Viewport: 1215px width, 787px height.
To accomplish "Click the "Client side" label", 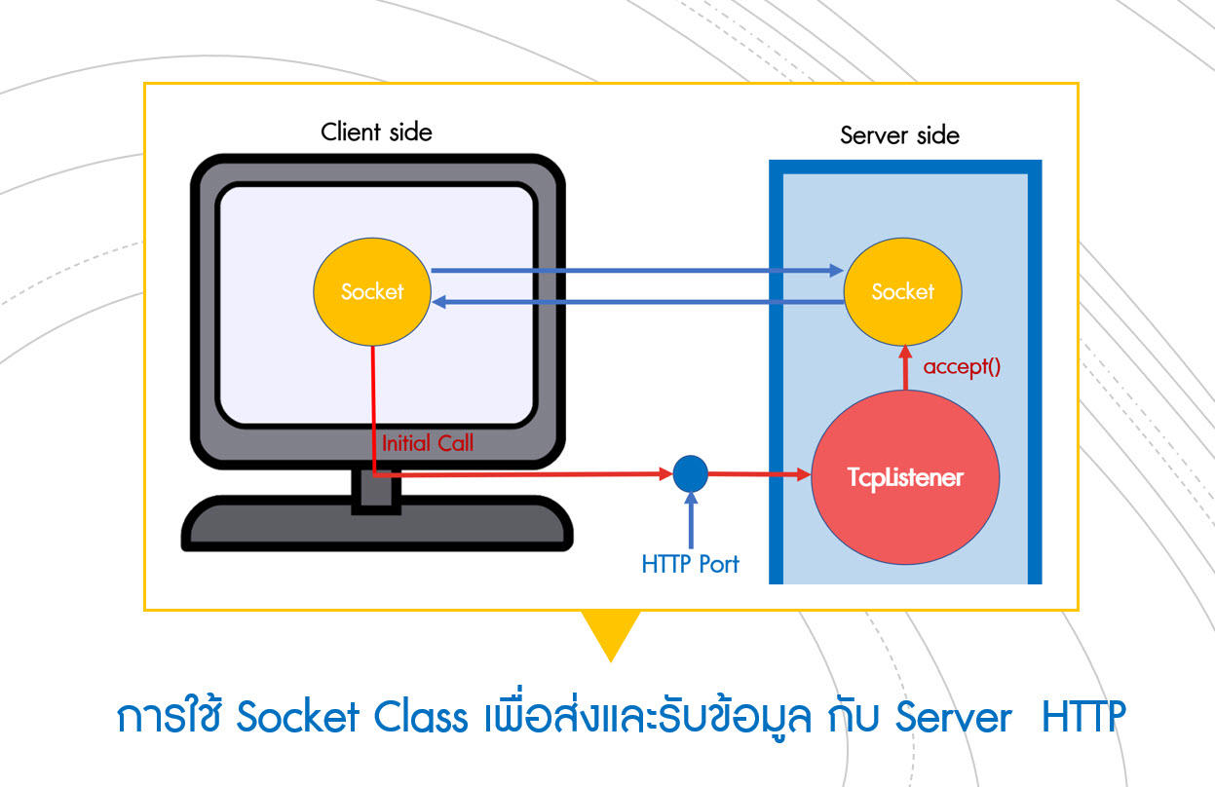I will click(x=376, y=131).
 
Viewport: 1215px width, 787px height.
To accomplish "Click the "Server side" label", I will click(x=899, y=135).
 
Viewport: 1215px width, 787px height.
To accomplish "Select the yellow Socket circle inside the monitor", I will click(x=372, y=291).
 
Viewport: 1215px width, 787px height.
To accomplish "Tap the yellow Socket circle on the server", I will click(x=902, y=291).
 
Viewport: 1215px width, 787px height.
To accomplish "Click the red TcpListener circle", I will click(x=905, y=477).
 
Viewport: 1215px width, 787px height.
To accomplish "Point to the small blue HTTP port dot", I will click(x=690, y=474).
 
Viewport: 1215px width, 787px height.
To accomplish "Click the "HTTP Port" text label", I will click(x=690, y=563).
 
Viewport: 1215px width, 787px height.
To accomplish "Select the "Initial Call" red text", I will click(x=427, y=443).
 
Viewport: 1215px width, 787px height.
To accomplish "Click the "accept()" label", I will click(x=962, y=367).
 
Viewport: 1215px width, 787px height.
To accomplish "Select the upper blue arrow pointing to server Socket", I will click(x=633, y=271).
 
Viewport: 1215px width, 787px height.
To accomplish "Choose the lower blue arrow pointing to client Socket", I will click(x=633, y=303).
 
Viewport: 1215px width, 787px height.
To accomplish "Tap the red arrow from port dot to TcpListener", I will click(x=758, y=475).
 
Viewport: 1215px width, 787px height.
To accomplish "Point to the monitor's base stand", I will click(x=376, y=526).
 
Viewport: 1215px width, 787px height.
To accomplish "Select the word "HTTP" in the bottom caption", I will click(x=1083, y=718).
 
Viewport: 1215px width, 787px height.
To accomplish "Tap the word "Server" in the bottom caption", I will click(x=953, y=718).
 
